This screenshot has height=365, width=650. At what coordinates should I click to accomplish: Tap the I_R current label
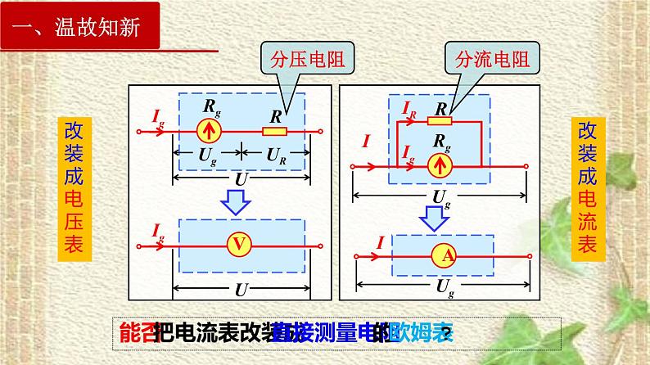410,109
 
